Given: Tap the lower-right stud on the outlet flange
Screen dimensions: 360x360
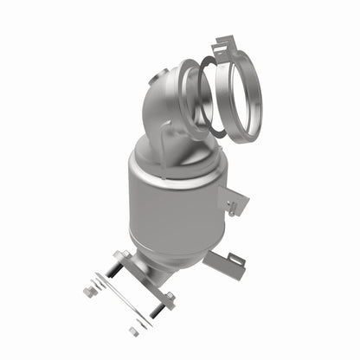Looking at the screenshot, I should point(170,298).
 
